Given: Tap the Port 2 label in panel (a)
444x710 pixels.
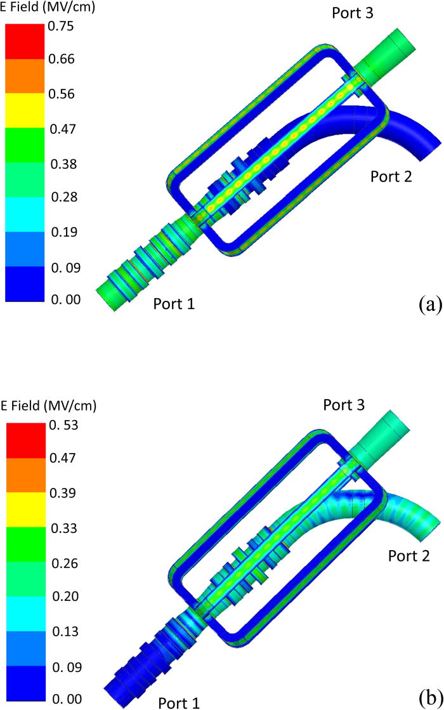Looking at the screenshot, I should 391,176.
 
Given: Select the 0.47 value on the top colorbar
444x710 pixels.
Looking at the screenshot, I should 61,129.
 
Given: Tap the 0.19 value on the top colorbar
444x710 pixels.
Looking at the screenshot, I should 61,232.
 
